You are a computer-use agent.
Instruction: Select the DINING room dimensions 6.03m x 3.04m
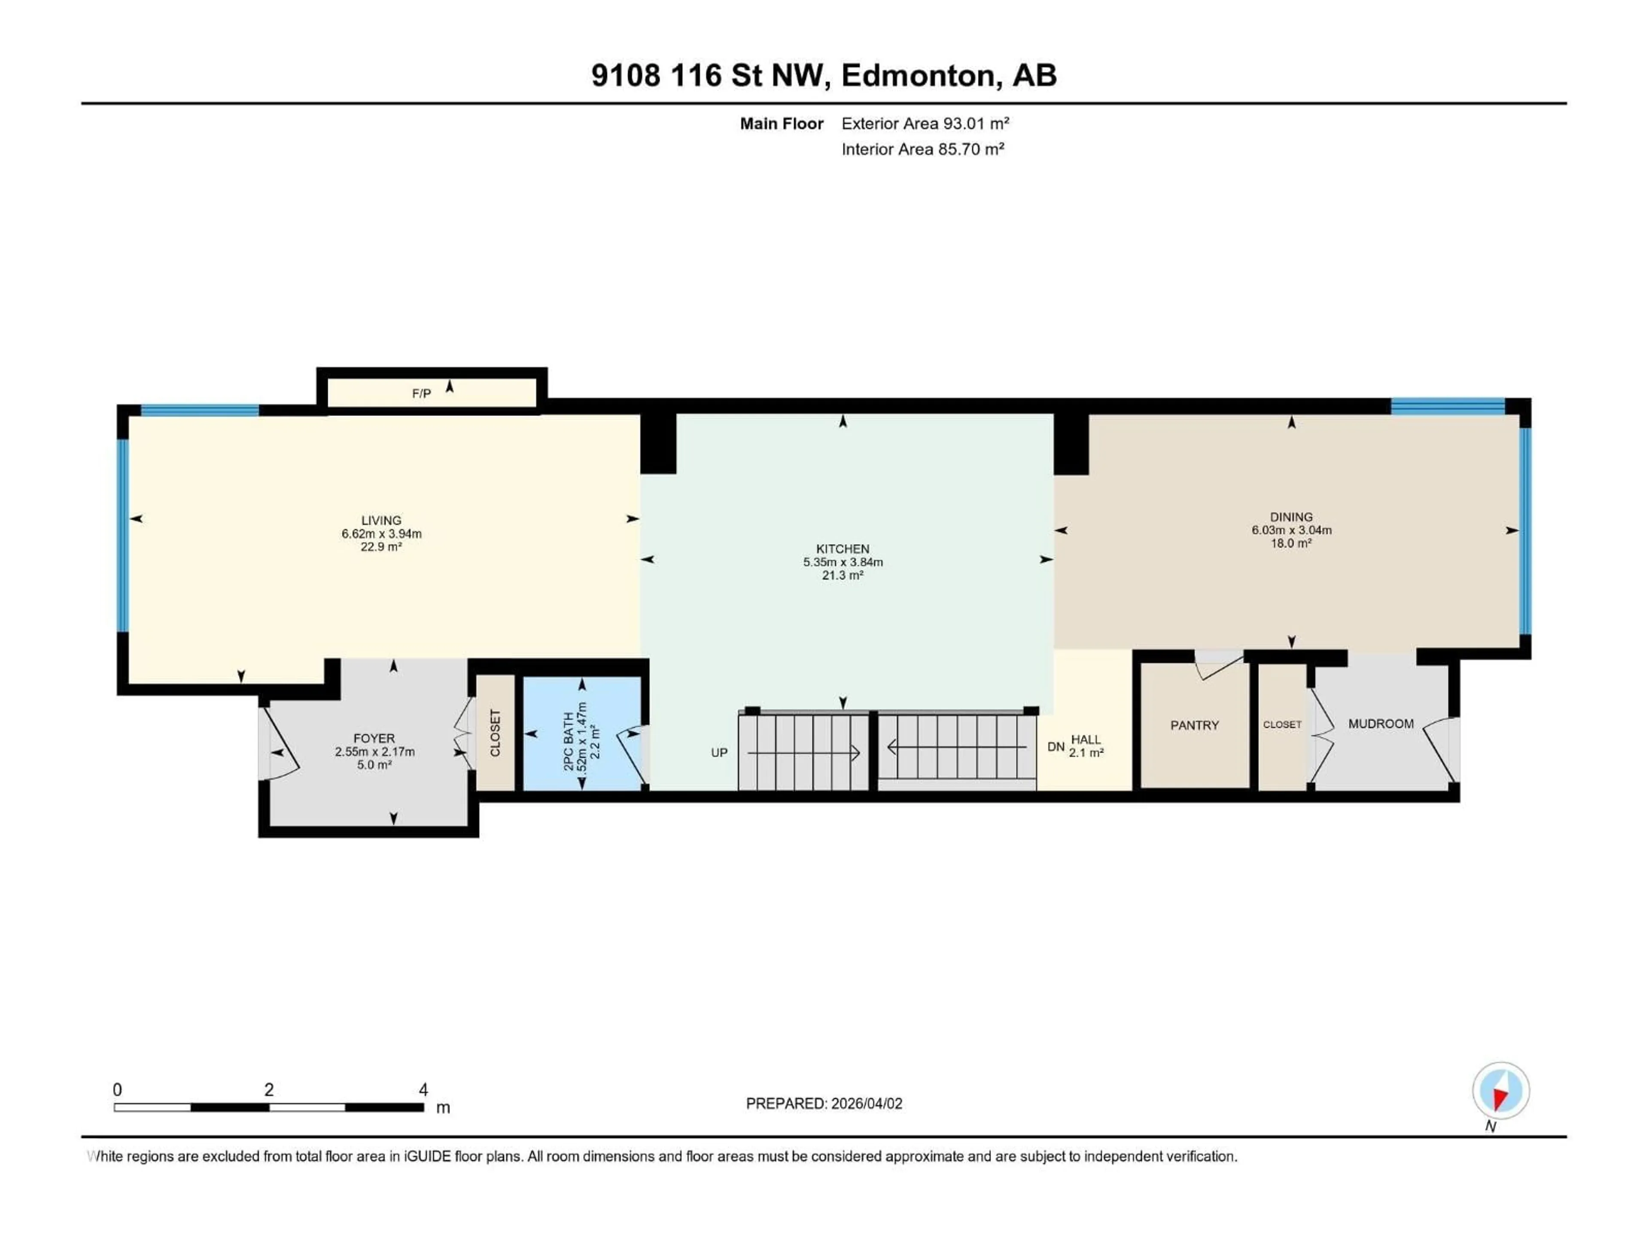coord(1291,530)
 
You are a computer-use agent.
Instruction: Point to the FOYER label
coord(374,738)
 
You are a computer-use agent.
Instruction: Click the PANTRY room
coord(1194,725)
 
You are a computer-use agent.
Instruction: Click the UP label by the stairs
coord(718,753)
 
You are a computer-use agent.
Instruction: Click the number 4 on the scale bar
coord(423,1089)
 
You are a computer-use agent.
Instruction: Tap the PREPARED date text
coord(824,1103)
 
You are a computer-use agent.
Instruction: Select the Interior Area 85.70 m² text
coord(922,149)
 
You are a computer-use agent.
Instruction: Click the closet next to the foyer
coord(495,733)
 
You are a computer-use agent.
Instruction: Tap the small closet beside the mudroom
coord(1281,725)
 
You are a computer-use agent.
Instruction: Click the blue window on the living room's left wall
coord(122,535)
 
